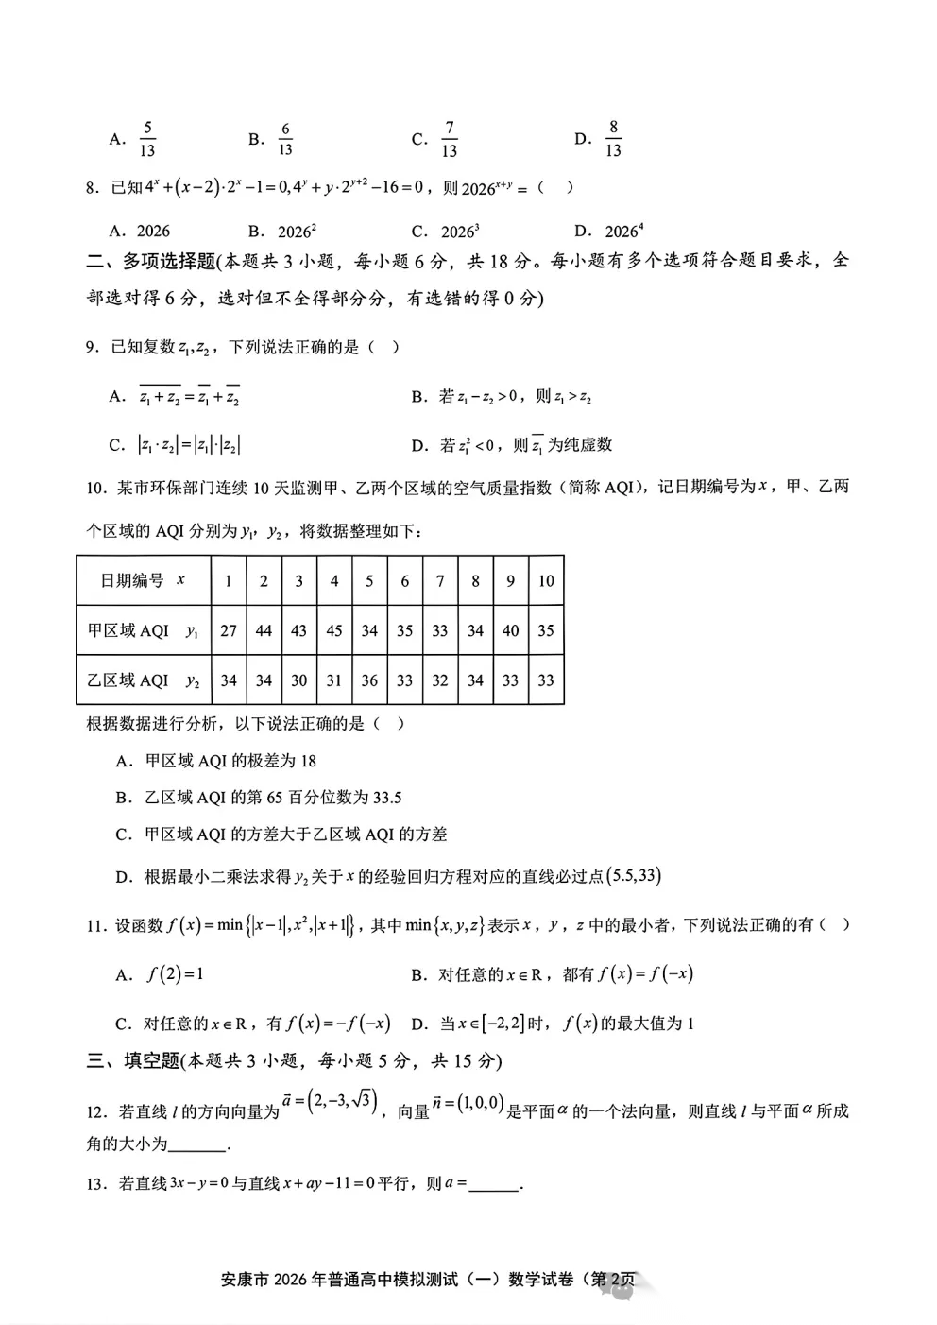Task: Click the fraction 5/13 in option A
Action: point(146,139)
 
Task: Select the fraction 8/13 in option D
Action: point(613,139)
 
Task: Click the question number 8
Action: point(93,188)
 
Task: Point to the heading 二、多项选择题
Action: point(151,261)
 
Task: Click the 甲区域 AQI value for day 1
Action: point(229,630)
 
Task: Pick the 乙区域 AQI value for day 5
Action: point(369,680)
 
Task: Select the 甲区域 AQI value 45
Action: point(334,630)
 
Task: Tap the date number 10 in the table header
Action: point(546,580)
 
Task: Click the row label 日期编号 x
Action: point(143,580)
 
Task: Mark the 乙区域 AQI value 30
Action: point(299,680)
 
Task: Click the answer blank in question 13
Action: point(494,1184)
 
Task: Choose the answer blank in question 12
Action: point(198,1144)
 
